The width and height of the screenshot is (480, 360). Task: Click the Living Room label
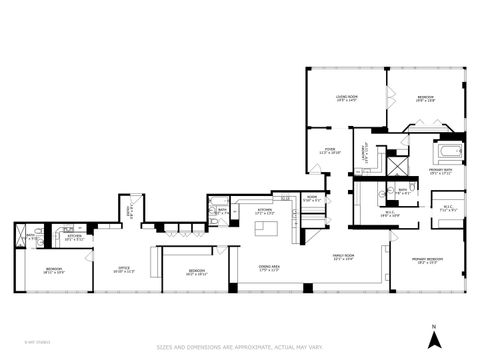click(347, 97)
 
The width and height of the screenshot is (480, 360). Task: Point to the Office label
click(123, 268)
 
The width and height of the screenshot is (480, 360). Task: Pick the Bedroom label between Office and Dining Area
click(197, 271)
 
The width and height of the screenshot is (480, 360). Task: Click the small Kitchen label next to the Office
click(74, 238)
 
